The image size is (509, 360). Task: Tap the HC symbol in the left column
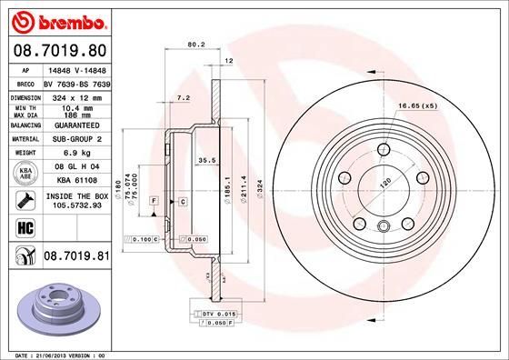[23, 228]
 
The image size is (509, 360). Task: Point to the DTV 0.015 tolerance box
[215, 313]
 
